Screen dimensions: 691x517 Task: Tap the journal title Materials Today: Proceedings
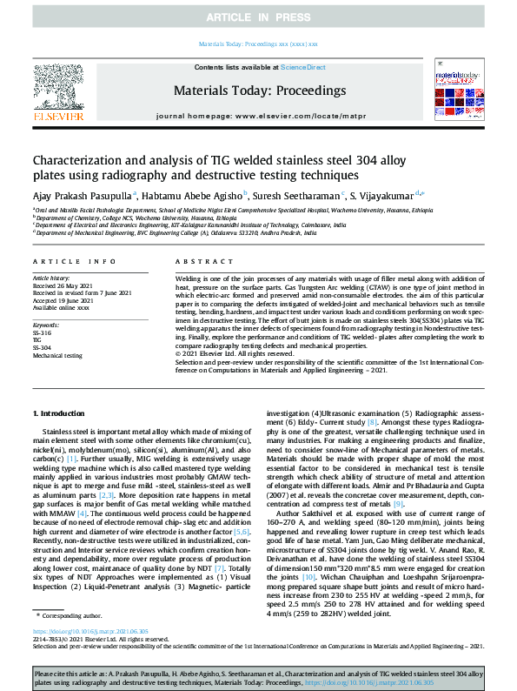259,91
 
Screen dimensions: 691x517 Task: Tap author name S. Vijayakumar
384,194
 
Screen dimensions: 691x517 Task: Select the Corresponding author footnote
72,615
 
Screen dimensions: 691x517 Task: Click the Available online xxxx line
63,307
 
